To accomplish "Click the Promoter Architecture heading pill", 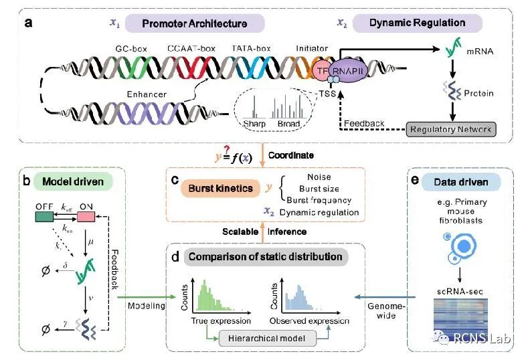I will click(194, 23).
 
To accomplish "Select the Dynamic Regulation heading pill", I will click(417, 23).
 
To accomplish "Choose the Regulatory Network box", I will click(451, 128).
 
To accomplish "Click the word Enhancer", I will click(147, 94).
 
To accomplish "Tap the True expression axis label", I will click(210, 321).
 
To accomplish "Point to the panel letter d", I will click(177, 257).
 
